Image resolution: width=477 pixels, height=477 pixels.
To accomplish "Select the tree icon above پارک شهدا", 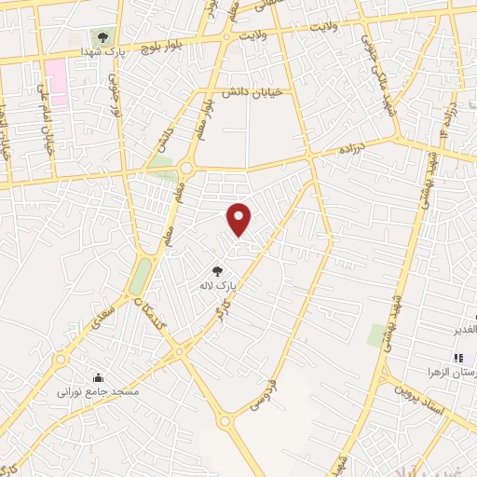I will coord(102,37).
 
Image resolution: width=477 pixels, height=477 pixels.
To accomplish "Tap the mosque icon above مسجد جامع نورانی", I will coord(100,378).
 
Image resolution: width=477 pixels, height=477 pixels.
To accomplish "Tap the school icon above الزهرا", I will coord(457,358).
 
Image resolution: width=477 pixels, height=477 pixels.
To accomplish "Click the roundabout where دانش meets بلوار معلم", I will coord(185,169).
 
